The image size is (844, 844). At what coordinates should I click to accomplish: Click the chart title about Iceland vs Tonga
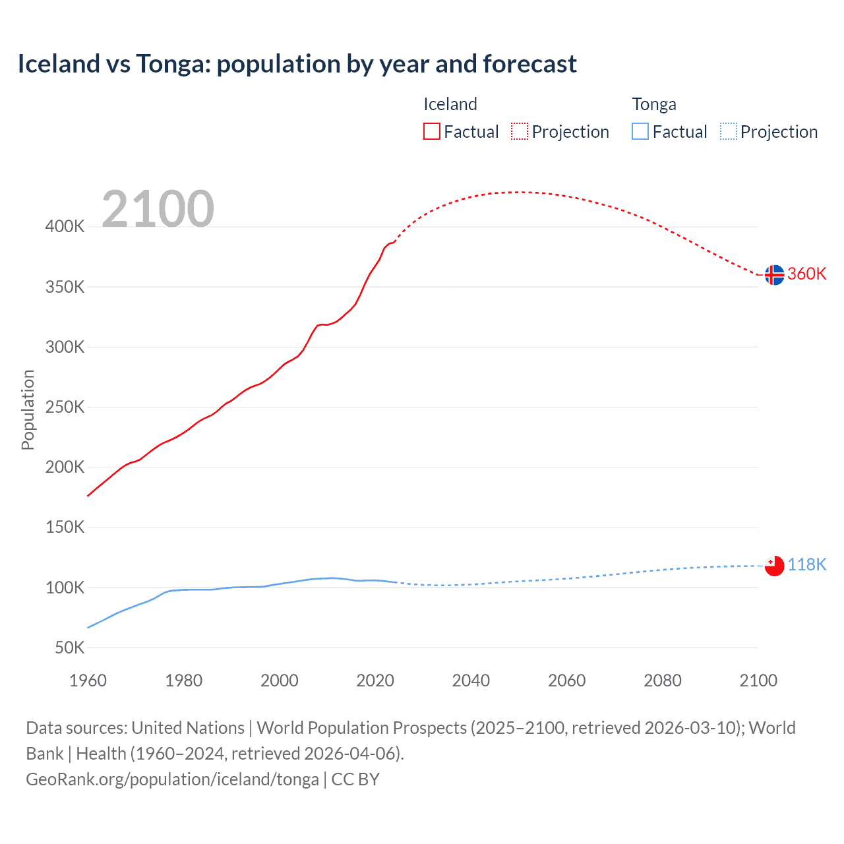pos(297,64)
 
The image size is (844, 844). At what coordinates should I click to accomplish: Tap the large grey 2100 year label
pos(158,209)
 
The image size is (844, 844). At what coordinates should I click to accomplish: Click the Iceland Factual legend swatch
pos(431,131)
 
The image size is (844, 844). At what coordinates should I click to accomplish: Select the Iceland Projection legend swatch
pos(520,131)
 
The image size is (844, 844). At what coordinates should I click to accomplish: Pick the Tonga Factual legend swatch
pos(640,131)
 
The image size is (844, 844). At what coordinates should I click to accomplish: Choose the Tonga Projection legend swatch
pos(728,131)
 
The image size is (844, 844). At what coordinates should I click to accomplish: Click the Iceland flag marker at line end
pos(774,274)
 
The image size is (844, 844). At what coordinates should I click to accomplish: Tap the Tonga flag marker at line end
pos(774,565)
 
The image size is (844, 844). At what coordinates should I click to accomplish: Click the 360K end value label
pos(807,274)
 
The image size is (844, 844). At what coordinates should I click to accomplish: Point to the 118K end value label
pos(807,564)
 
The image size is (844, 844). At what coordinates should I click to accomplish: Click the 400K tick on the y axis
pos(65,227)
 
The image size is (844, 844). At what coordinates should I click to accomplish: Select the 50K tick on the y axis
pos(69,648)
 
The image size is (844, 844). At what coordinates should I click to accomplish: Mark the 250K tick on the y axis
pos(65,407)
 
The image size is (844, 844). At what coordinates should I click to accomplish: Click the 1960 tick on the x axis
pos(88,680)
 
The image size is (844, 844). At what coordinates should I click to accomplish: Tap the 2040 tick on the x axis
pos(471,680)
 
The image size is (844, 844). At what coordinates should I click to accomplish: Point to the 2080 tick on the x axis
pos(662,680)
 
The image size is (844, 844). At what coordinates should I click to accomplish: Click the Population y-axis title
pos(28,409)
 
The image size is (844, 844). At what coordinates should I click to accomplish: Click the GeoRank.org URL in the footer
pos(172,779)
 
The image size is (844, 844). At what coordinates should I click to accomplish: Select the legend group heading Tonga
pos(653,104)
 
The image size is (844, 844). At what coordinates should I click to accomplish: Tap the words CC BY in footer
pos(355,779)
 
